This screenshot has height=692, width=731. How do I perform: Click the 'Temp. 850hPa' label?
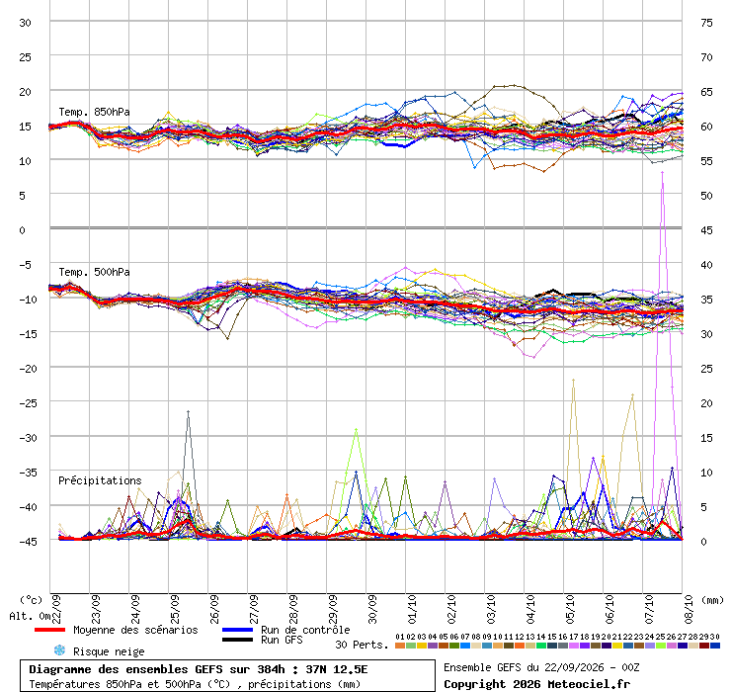[x=94, y=112]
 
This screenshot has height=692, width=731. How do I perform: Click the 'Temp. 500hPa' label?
[x=94, y=272]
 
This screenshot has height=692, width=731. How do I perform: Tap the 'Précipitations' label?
[x=100, y=480]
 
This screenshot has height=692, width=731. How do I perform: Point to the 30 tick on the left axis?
[x=25, y=23]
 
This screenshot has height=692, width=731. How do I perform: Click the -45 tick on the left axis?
[x=28, y=542]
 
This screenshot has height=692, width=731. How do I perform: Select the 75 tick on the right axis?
[x=706, y=23]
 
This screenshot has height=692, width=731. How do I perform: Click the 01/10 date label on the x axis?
[x=412, y=609]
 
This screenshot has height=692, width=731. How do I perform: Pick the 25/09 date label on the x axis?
[x=175, y=609]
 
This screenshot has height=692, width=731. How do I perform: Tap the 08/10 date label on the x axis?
[x=689, y=609]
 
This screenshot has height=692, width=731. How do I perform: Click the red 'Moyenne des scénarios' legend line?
[x=49, y=630]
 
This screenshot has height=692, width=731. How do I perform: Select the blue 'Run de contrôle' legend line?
[x=237, y=630]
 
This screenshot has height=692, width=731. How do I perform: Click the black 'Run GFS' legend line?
[x=237, y=640]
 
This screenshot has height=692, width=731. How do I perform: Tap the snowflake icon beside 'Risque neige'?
[x=59, y=650]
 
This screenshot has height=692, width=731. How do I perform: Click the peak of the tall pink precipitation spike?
[x=663, y=172]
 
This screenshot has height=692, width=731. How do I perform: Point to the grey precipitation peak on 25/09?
[x=188, y=411]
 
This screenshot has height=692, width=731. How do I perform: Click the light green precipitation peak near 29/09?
[x=357, y=429]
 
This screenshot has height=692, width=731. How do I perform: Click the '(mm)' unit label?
[x=713, y=600]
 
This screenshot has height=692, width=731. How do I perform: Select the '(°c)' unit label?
[x=31, y=600]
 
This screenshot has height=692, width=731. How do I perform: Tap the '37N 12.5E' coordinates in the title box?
[x=337, y=669]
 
